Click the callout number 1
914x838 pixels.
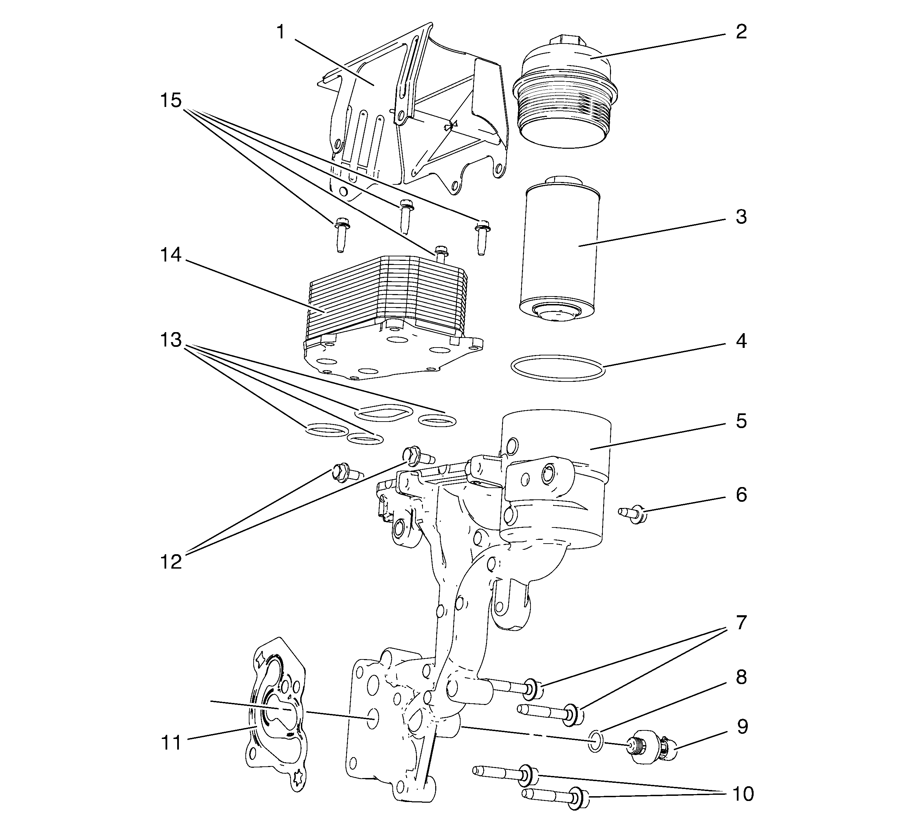point(281,32)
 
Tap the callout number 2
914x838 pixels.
point(741,32)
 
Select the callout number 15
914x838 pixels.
point(171,100)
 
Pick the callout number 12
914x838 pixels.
point(171,562)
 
